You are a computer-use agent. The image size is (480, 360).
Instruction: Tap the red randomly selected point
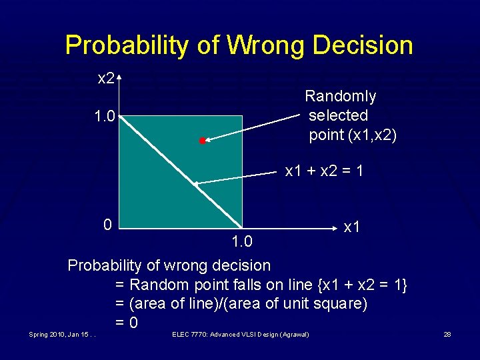pos(202,141)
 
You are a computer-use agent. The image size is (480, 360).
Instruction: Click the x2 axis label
pos(105,79)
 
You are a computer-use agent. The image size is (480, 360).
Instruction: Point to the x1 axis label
pos(351,227)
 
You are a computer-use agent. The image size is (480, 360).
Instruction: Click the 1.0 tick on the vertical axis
pos(105,117)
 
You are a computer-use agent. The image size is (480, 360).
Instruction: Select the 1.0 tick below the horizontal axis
pos(242,240)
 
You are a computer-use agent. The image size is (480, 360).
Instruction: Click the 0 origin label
pos(107,223)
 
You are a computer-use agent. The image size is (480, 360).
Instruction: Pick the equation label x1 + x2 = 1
pos(324,171)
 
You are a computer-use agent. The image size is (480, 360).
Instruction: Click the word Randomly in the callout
pos(341,97)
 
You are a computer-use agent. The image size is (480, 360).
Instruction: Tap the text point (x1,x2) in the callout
pos(353,135)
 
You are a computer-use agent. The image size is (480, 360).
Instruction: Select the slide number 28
pos(447,334)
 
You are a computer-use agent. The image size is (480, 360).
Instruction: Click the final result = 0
pos(127,323)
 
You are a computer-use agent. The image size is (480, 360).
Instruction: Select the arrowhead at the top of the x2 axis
pos(119,78)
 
